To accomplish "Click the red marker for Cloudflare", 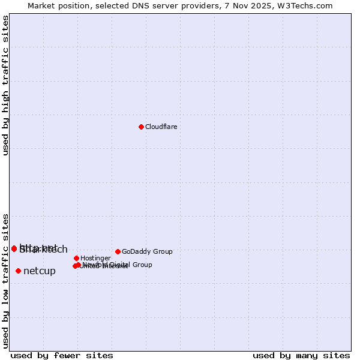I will [x=141, y=127].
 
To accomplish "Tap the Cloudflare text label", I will [x=161, y=127].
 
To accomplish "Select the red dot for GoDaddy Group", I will [x=118, y=251].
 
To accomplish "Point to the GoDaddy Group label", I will [x=147, y=251].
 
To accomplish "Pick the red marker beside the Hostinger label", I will [x=76, y=258].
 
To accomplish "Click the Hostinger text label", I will [x=95, y=258].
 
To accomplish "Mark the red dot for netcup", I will [x=18, y=271].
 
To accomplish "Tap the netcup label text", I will [x=40, y=271].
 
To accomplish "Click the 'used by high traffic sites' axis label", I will [x=6, y=85].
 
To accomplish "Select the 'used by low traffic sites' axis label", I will [x=6, y=281].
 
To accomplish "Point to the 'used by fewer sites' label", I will [x=62, y=355].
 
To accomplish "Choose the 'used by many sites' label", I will [x=301, y=355].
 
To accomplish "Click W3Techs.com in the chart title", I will [x=307, y=5].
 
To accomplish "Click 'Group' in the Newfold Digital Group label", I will [x=142, y=265].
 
